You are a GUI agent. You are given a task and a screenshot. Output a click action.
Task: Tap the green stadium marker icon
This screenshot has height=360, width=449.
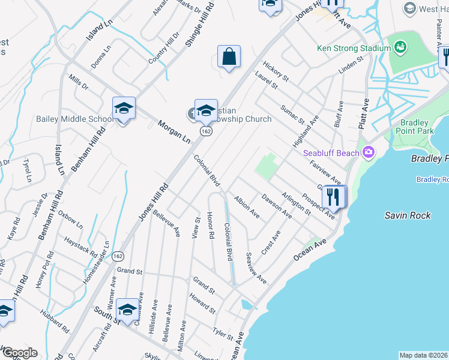[400, 46]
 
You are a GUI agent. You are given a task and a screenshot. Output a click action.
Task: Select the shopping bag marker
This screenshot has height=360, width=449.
[229, 58]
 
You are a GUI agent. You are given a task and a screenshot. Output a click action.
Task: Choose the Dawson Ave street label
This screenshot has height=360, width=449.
[276, 205]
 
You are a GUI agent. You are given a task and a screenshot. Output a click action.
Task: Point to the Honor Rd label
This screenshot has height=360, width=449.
[210, 226]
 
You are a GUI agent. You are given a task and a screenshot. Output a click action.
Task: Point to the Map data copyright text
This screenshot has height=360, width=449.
[423, 355]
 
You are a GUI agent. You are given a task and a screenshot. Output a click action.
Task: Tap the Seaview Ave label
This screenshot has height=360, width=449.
[256, 268]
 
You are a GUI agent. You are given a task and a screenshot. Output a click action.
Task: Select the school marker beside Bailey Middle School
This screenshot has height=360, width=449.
[124, 109]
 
